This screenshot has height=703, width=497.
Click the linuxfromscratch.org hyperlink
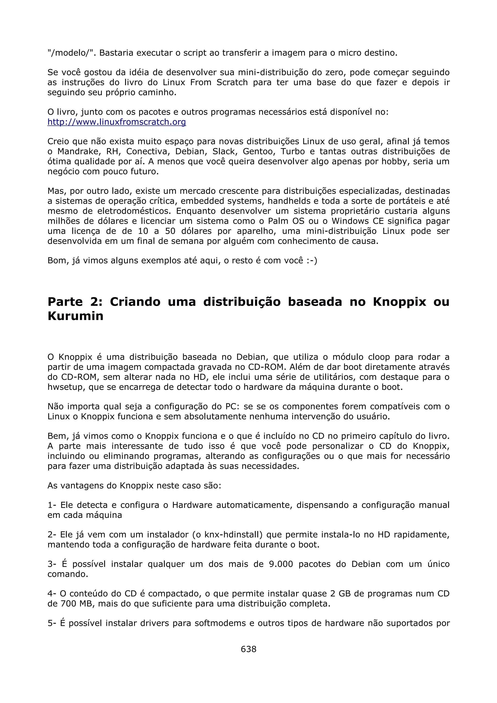pyautogui.click(x=117, y=122)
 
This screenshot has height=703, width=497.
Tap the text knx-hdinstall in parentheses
pyautogui.click(x=233, y=535)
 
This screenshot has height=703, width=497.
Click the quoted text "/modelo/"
pyautogui.click(x=71, y=53)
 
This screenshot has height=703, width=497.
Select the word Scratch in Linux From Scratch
pyautogui.click(x=232, y=82)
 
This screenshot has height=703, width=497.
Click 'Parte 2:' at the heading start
pyautogui.click(x=75, y=302)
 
